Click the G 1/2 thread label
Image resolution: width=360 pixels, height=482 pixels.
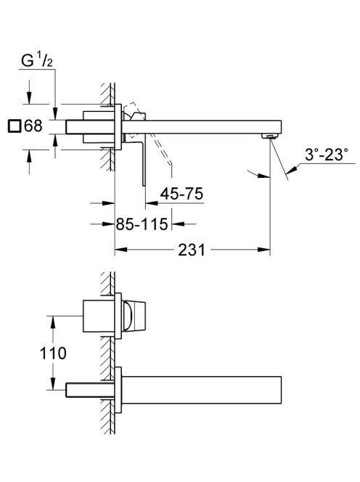pos(37,60)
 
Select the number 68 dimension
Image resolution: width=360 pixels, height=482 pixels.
pos(33,126)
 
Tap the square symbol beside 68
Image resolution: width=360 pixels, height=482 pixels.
pos(14,126)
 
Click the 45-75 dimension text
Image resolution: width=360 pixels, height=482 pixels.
pos(181,194)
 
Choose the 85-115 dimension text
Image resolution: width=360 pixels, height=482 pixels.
pos(142,224)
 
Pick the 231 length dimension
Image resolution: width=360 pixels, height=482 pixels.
pos(191,250)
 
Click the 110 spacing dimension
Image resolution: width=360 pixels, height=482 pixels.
pos(53,353)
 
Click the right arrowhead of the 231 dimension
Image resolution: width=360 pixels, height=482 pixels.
pos(264,250)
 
